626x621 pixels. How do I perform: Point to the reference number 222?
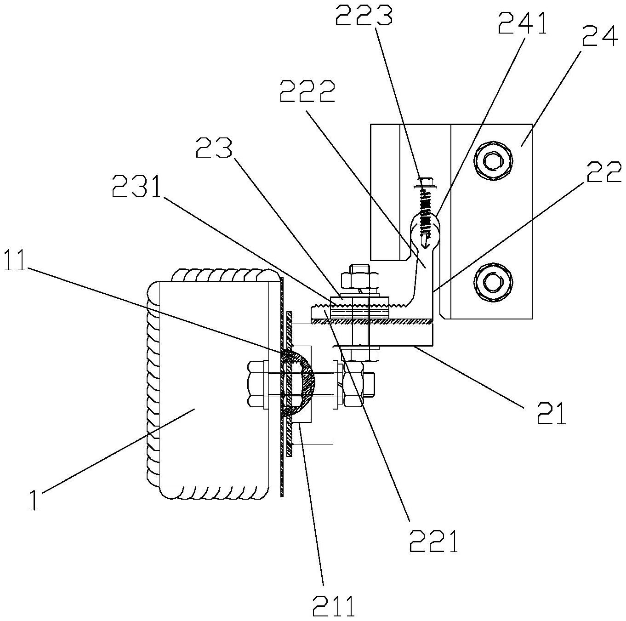(307, 91)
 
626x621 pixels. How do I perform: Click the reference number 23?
(215, 147)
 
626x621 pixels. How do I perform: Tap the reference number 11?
(15, 258)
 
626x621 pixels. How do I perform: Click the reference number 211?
(333, 605)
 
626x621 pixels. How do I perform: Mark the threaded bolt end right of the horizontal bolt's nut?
(369, 385)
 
